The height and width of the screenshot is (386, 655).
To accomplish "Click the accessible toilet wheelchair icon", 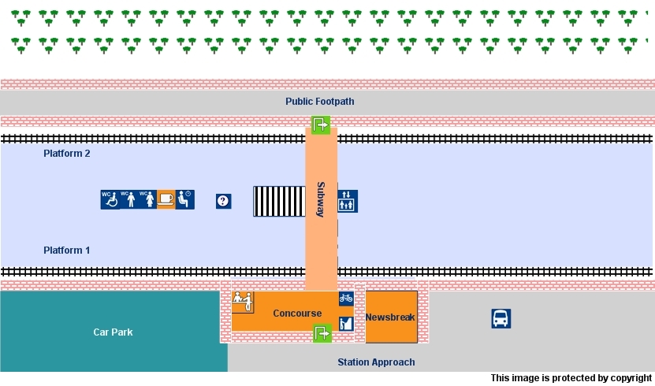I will pos(110,200).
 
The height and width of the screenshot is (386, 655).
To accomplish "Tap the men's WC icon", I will pos(128,200).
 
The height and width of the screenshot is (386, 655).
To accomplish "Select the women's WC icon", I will pos(147,200).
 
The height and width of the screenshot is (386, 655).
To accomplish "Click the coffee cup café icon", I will pos(166,200).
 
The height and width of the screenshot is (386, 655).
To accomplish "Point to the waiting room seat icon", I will pos(185,200).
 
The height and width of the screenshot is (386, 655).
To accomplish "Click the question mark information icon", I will pos(224,202).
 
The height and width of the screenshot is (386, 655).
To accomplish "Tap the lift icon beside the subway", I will pos(348,200).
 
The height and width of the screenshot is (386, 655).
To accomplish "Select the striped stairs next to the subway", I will pos(279,202).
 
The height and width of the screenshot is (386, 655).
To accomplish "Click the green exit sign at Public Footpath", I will pos(321,124).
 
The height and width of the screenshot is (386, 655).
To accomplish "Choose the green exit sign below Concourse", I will pos(322,333).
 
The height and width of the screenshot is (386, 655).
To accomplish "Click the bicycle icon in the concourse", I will pos(346,298).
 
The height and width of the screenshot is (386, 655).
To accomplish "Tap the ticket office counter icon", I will pos(241,301).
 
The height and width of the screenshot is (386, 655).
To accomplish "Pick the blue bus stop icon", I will pos(501,318).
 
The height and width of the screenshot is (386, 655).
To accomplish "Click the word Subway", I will pos(321,200).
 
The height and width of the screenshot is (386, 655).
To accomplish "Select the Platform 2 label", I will pos(67,154).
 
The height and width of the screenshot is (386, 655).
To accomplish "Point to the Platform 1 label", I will pos(67,251).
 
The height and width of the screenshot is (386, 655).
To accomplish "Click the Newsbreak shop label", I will pos(390,317).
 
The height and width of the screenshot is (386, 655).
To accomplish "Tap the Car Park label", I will pos(113,332).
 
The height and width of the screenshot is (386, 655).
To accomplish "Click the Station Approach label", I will pos(376,362).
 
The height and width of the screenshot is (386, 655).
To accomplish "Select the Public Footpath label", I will pos(320,102).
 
